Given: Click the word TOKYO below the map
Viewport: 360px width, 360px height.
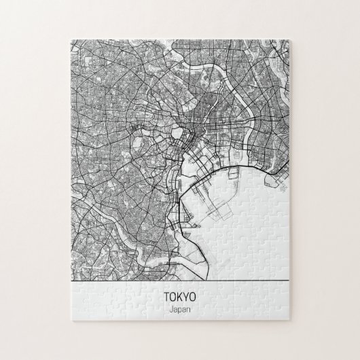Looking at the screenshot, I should (179, 297).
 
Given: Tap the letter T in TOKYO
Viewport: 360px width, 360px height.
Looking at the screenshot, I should (166, 297).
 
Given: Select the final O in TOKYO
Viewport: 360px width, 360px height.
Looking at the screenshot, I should (192, 297).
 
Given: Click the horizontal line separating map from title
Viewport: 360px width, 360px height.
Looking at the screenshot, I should (180, 280).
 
